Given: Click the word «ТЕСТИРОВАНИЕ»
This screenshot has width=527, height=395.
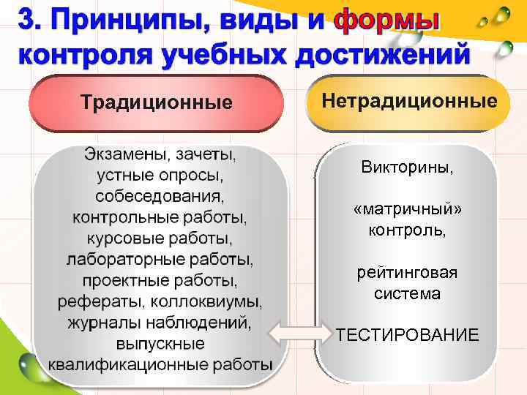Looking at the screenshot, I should (x=408, y=335).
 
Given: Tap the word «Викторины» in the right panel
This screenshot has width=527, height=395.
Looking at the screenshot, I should (x=407, y=167).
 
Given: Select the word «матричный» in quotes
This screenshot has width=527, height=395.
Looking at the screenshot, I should (x=408, y=210).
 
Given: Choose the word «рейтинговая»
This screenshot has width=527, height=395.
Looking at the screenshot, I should (x=408, y=274).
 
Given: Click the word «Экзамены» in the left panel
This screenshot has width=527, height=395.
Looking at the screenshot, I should (x=120, y=154).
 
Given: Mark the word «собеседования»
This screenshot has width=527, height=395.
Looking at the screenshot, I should (x=160, y=196).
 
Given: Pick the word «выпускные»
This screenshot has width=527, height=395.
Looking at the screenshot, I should (x=160, y=343).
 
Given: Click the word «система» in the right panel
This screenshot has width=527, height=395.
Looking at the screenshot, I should (x=408, y=294).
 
